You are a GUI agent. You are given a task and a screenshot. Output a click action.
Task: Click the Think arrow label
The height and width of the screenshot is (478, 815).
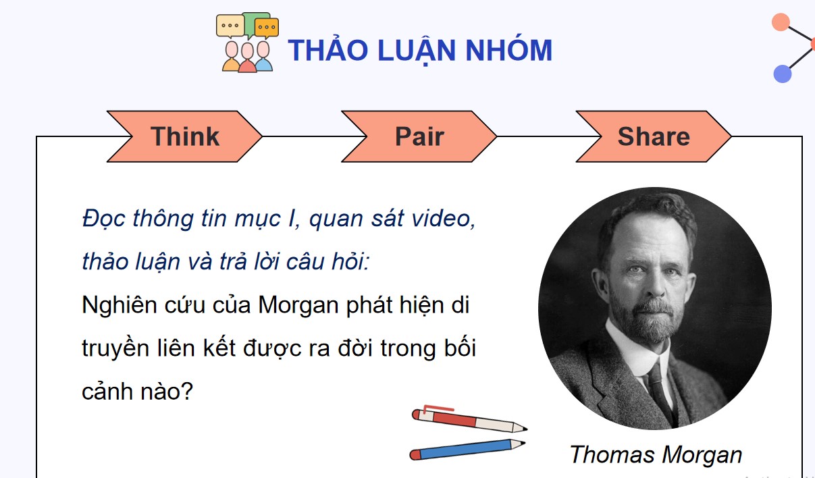tap(184, 136)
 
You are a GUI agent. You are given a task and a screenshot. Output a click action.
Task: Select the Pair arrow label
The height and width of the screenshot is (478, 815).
tap(419, 136)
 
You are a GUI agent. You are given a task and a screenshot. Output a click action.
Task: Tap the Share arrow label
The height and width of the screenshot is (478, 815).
tap(653, 136)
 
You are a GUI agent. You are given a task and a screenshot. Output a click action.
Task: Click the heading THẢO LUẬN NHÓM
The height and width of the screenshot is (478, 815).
tap(419, 51)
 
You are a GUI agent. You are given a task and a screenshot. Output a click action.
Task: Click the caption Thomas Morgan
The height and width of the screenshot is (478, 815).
tap(656, 454)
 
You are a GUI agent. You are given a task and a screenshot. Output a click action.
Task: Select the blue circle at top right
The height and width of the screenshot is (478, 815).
tap(782, 74)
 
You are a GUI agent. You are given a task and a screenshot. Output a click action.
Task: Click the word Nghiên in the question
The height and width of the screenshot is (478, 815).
tap(119, 305)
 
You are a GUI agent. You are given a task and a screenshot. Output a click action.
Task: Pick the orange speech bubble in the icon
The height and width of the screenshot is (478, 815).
tap(267, 28)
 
